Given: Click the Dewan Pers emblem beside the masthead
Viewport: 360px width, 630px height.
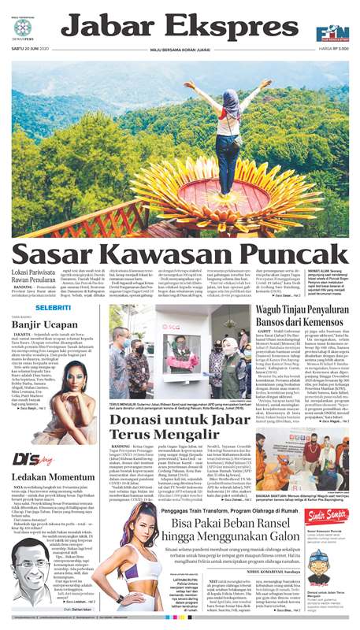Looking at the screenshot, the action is pyautogui.click(x=23, y=29).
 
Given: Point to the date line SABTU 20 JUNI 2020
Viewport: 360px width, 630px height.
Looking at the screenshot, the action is pyautogui.click(x=31, y=52).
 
